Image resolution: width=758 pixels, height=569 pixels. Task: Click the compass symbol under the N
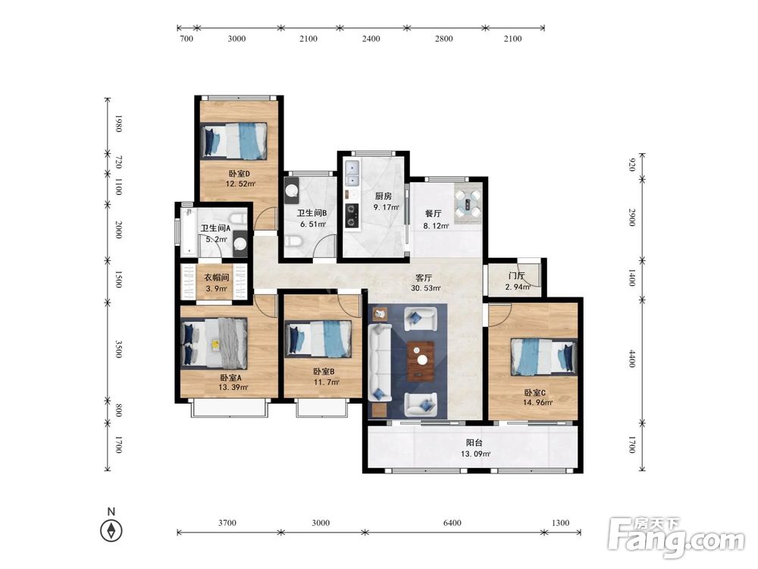(x=111, y=531)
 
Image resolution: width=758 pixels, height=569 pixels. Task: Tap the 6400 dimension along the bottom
(x=452, y=523)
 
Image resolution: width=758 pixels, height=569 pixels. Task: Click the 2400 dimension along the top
(x=371, y=39)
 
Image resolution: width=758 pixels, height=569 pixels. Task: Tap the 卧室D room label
(x=239, y=174)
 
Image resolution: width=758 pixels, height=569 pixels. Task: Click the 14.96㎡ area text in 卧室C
(x=537, y=402)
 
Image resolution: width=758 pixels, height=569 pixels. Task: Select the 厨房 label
(x=384, y=196)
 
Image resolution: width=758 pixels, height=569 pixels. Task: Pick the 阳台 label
(x=475, y=443)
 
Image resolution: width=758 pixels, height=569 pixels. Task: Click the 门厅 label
(x=516, y=276)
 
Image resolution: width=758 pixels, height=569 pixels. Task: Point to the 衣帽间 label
(x=216, y=278)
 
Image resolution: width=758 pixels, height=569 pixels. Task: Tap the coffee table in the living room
(x=421, y=360)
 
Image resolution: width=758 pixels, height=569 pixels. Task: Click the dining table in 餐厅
(x=468, y=203)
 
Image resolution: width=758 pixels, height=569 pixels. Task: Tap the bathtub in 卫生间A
(x=189, y=231)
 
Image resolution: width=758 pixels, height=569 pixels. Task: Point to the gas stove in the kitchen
(x=352, y=215)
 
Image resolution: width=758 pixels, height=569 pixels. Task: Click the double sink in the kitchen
(x=352, y=174)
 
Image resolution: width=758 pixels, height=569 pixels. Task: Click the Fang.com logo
(x=677, y=537)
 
